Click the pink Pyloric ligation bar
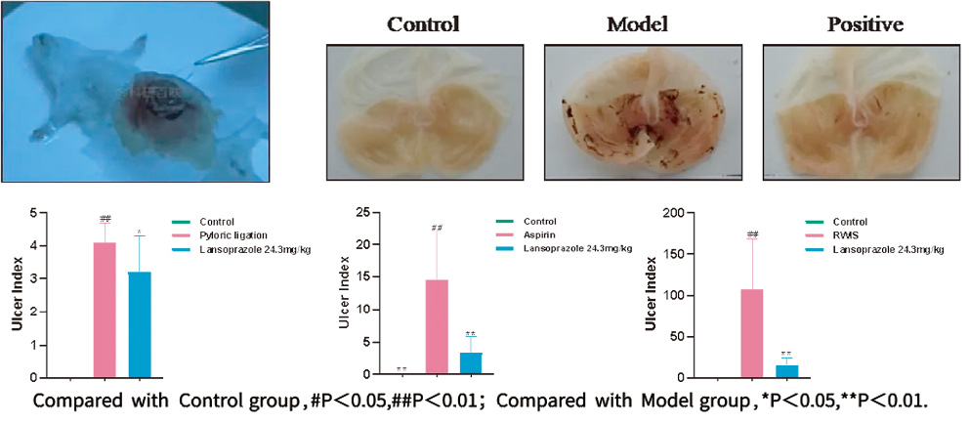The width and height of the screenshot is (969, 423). [x=105, y=310]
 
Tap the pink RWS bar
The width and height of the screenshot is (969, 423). [x=751, y=333]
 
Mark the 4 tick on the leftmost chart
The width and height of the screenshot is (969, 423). [x=35, y=246]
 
